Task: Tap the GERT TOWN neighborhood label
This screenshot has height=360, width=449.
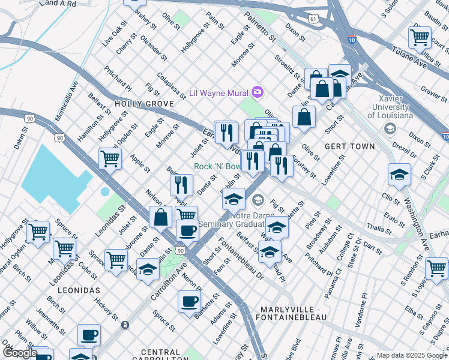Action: [349, 146]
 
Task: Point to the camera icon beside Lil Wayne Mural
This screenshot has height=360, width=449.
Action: [258, 92]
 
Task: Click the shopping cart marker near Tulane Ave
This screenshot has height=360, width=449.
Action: [420, 37]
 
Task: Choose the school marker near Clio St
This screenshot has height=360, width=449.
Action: [399, 175]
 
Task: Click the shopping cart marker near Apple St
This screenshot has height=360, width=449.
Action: [110, 159]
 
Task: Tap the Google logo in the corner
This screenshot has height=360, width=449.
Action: [20, 353]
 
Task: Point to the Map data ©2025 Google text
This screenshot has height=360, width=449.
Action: [411, 355]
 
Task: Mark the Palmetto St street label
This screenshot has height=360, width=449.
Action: [264, 30]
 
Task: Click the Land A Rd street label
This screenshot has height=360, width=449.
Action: [57, 4]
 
